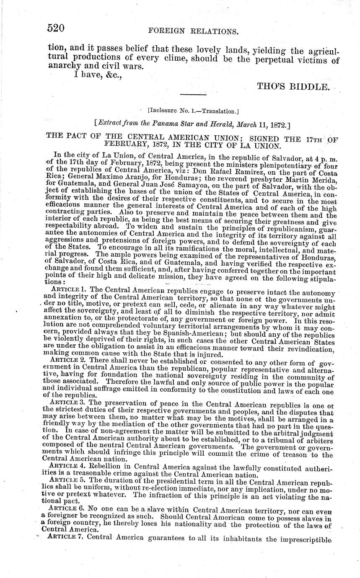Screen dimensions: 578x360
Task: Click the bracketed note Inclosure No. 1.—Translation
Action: tap(193, 111)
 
